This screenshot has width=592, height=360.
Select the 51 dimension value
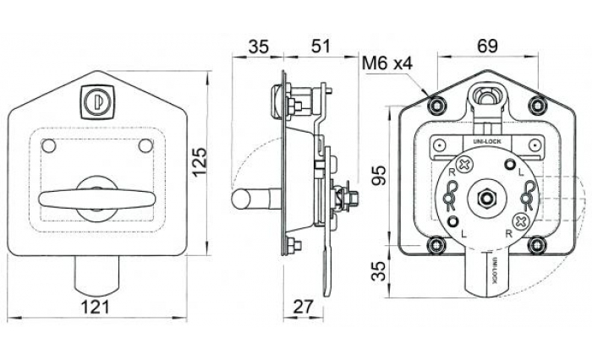[321, 46]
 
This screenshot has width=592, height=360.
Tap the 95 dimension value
[379, 174]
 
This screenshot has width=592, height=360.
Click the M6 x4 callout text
[386, 63]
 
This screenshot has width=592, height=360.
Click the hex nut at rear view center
[486, 199]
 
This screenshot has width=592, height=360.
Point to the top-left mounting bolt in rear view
[436, 105]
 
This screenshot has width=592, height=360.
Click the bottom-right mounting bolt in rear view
[536, 245]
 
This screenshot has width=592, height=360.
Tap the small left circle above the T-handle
[50, 146]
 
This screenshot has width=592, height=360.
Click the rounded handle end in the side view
[241, 200]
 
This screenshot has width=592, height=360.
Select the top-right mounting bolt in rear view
[536, 105]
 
